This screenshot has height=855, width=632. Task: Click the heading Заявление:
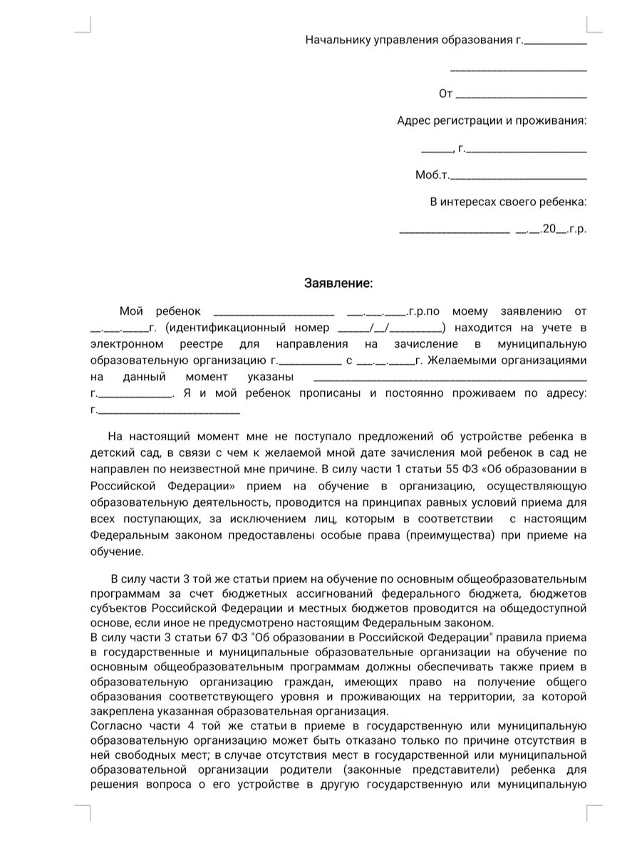point(338,284)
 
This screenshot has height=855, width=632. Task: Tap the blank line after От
point(521,95)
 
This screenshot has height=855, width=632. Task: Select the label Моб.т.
point(432,175)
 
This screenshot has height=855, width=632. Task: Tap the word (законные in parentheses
point(371,771)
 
